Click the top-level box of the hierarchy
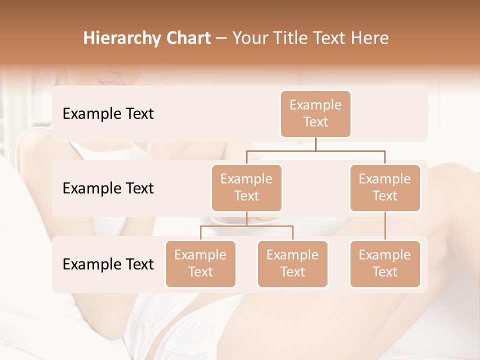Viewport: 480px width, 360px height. [315, 113]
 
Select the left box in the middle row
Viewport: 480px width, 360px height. [246, 187]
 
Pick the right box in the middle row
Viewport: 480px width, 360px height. [385, 187]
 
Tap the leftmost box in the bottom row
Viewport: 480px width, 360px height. [200, 263]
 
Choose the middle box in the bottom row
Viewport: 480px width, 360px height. [292, 263]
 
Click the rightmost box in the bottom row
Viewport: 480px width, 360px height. [385, 263]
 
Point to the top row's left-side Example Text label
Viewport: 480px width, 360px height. [108, 113]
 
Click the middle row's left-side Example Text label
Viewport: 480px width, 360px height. [108, 188]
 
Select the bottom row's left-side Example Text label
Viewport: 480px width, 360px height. [108, 264]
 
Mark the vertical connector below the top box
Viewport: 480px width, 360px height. [315, 144]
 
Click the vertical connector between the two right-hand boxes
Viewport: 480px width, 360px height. [385, 226]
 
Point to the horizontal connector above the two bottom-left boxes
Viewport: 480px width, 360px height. [246, 226]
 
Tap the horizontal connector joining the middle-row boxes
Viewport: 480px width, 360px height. [315, 150]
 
